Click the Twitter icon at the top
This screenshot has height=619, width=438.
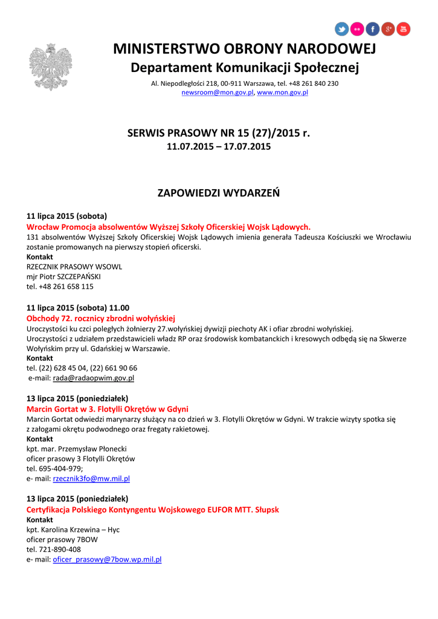tap(342, 28)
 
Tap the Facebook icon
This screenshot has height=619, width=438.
tap(373, 28)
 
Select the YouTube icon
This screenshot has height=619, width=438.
tap(403, 28)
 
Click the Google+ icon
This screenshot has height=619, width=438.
tap(388, 28)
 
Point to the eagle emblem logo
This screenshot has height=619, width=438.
tap(50, 66)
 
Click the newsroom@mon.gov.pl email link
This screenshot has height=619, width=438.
tap(218, 92)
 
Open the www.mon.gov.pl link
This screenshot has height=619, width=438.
tap(283, 92)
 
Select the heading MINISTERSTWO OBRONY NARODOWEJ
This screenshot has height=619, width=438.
tap(245, 48)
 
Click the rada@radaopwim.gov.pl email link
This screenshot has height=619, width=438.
tap(94, 378)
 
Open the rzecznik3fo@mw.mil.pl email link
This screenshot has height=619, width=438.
tap(91, 478)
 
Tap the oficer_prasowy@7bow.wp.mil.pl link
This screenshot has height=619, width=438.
tap(107, 560)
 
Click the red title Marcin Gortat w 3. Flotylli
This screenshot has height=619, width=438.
tap(108, 409)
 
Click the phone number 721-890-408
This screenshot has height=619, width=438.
tap(54, 549)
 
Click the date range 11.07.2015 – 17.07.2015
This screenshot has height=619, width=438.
tap(219, 146)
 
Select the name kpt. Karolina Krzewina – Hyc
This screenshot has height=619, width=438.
tap(73, 530)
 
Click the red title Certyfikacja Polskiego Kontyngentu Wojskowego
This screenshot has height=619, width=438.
tap(153, 510)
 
